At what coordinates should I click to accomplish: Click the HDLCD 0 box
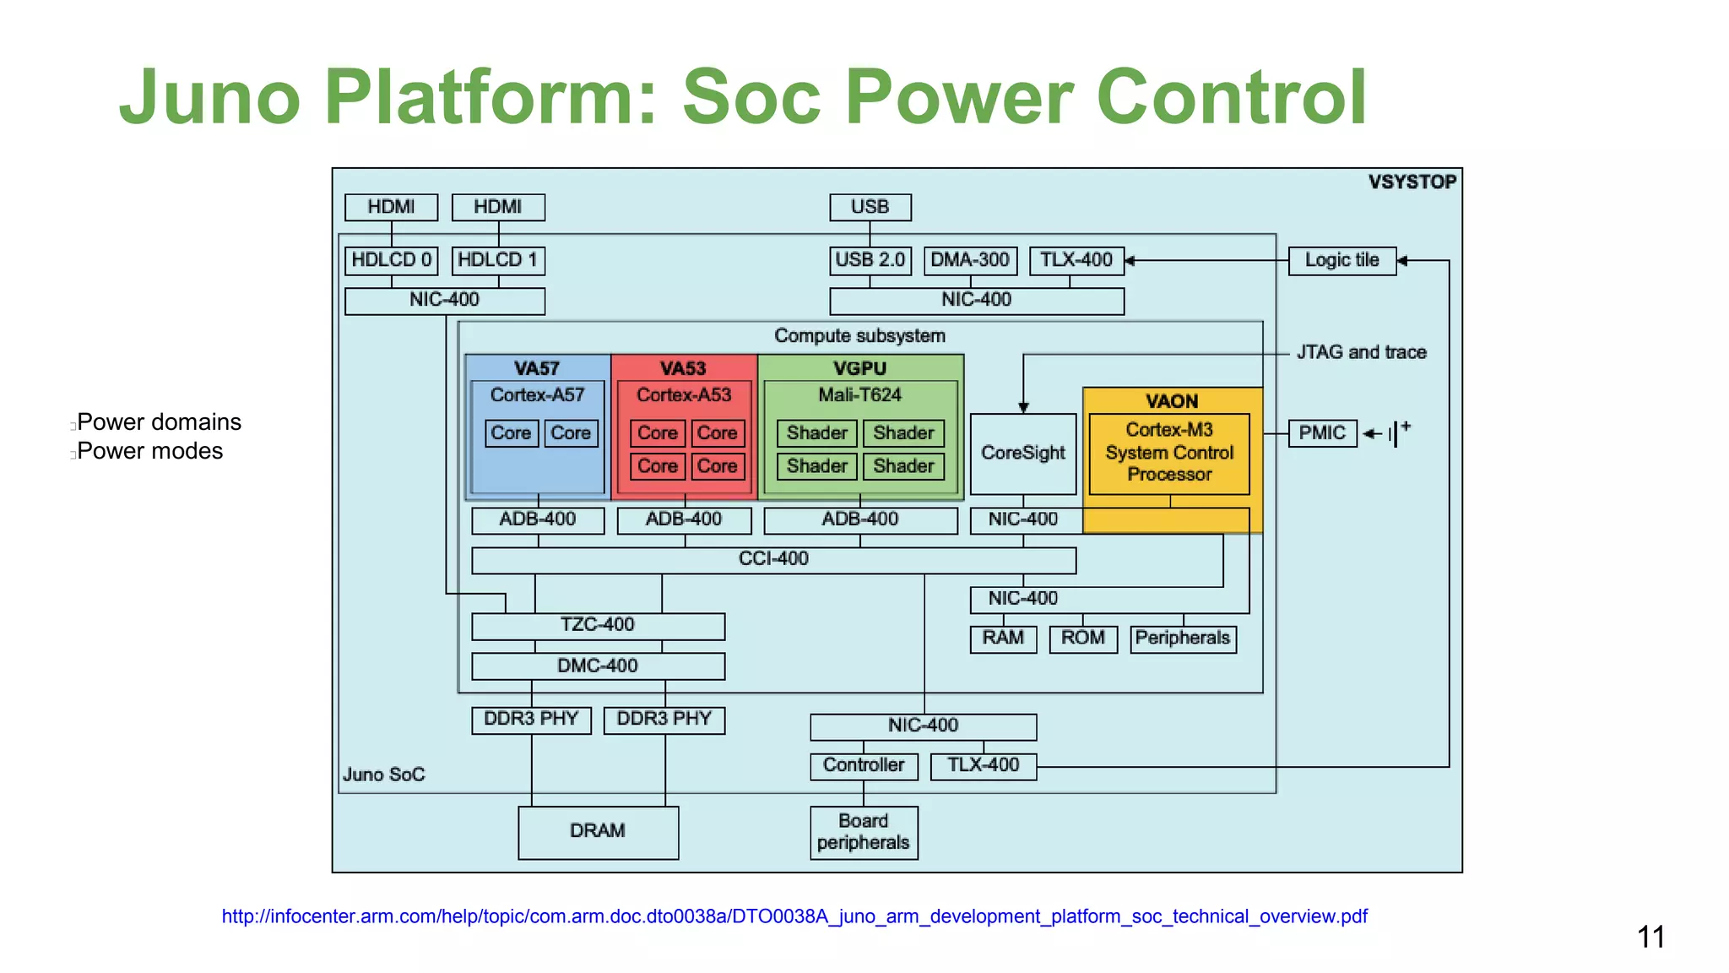pos(391,260)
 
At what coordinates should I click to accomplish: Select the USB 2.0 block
pos(870,260)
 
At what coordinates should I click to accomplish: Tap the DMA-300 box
pos(970,260)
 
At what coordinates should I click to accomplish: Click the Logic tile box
pos(1341,260)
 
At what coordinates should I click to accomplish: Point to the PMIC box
pos(1321,433)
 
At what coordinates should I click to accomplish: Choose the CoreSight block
pos(1022,454)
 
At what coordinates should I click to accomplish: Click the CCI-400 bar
pos(773,559)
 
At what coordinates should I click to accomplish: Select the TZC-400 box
pos(598,625)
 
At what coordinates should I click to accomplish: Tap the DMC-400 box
pos(598,666)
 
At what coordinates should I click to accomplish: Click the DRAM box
pos(598,832)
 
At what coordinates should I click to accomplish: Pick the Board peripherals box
pos(863,832)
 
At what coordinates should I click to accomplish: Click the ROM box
pos(1082,639)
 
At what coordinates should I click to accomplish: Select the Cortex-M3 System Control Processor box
pos(1168,453)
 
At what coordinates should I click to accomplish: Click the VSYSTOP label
pos(1412,182)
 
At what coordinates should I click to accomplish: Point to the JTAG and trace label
pos(1361,352)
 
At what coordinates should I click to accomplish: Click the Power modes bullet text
pos(150,451)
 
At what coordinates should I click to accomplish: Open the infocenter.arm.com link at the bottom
pos(794,916)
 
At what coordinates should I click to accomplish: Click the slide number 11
pos(1650,937)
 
